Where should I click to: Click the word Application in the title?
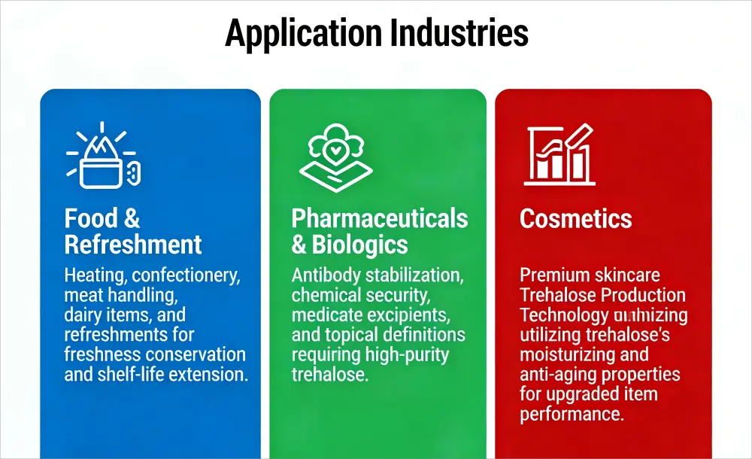(299, 34)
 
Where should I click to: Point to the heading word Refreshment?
(133, 245)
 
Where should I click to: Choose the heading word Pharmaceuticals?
(380, 218)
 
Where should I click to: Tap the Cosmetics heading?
(576, 218)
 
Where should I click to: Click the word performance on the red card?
(571, 413)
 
